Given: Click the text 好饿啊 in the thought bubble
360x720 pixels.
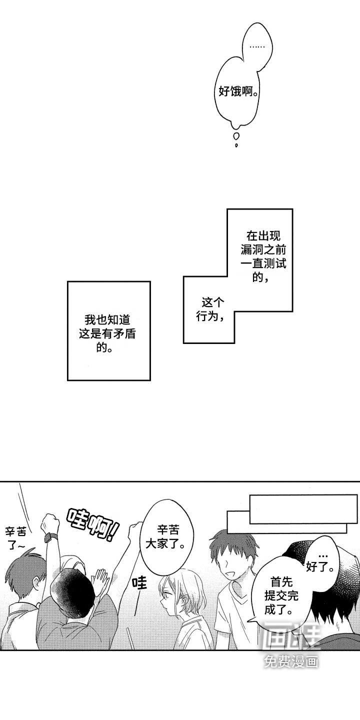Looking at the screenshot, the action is pos(237,92).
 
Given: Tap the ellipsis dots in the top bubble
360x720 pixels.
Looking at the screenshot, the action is pos(257,47).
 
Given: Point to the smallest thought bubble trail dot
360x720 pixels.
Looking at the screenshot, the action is pos(236,145).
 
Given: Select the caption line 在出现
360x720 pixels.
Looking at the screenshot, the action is pos(263,236).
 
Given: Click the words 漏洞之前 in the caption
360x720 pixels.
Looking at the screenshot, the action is pos(263,250).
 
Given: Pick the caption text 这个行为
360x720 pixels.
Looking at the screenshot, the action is pos(210,309).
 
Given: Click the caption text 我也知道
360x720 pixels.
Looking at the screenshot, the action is pos(107,320).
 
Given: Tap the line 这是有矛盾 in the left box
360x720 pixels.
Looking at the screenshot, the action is pos(107,334).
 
